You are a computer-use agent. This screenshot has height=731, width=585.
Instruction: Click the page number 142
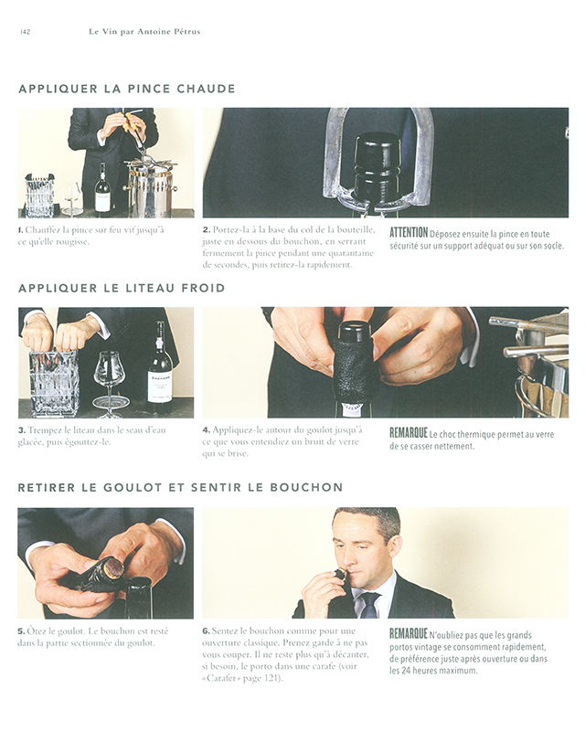click(26, 32)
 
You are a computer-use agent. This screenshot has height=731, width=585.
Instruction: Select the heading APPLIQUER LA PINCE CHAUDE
click(127, 89)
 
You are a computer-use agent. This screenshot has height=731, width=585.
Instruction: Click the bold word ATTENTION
click(409, 233)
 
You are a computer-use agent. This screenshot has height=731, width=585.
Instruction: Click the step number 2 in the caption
click(206, 230)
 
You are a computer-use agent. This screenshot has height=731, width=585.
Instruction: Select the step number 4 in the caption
click(206, 429)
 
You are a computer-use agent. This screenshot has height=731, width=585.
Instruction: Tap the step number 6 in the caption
click(206, 631)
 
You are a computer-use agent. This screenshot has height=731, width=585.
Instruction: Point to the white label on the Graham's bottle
click(160, 387)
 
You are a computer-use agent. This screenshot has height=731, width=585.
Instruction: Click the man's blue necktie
click(370, 605)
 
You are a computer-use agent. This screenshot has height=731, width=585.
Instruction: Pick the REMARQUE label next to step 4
click(409, 433)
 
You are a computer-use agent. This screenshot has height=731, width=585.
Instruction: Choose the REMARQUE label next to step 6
click(409, 633)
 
